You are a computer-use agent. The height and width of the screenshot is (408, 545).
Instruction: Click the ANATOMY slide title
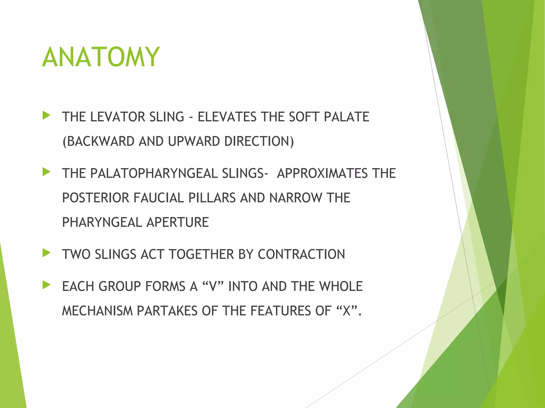click(101, 57)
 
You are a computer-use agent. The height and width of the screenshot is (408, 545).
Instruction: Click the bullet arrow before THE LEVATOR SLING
click(46, 116)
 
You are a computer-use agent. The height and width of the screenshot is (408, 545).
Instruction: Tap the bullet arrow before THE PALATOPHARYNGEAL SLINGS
click(46, 172)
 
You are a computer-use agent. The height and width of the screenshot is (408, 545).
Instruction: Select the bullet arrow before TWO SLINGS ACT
click(46, 253)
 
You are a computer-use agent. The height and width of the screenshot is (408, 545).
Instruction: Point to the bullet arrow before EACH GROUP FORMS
click(46, 285)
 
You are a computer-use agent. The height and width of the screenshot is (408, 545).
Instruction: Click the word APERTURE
click(178, 222)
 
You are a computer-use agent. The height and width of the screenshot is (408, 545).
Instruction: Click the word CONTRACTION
click(301, 254)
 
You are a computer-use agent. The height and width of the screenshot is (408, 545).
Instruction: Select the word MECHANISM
click(97, 311)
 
